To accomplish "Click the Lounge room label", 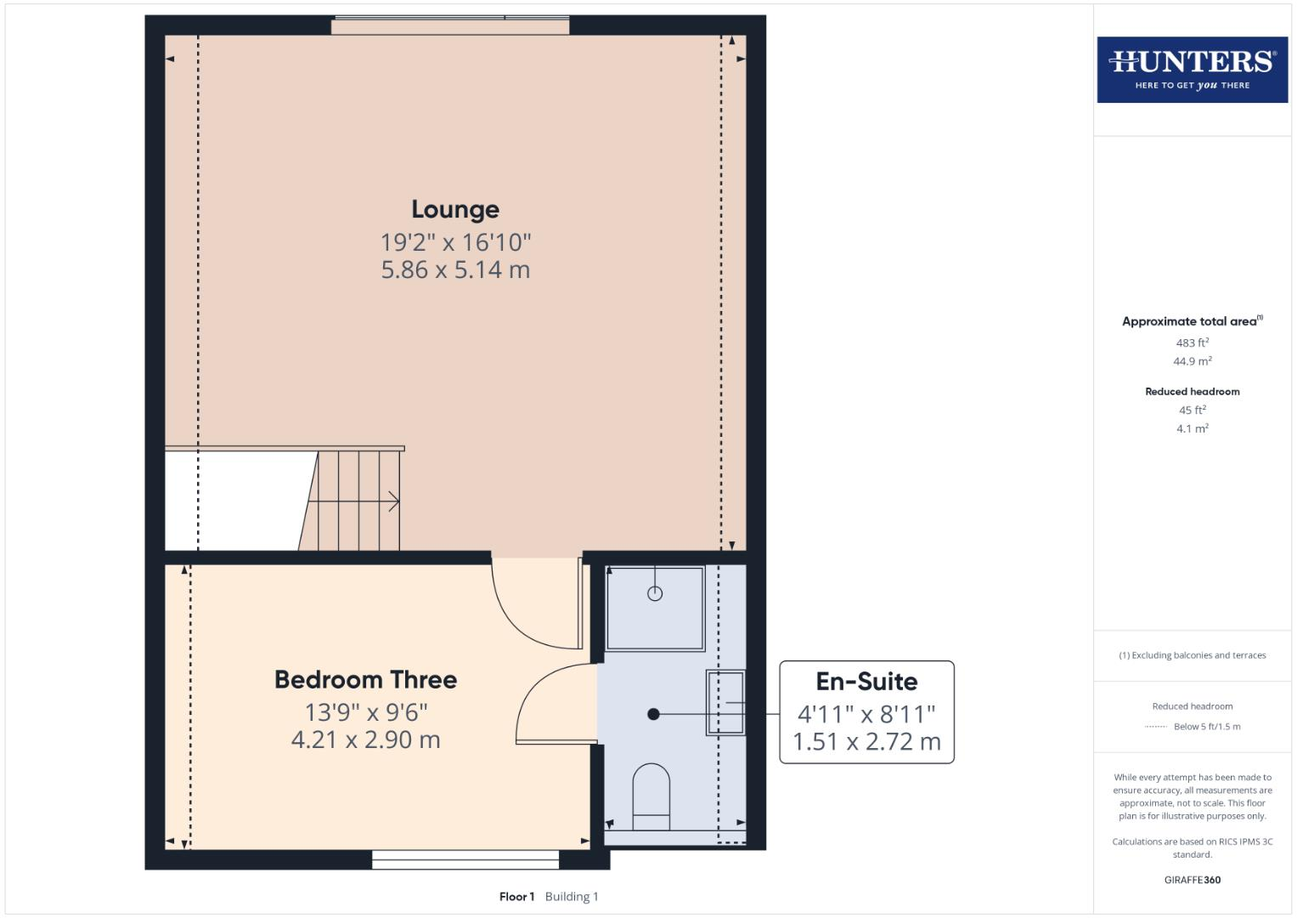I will coord(455,209).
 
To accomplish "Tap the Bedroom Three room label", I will coord(365,680).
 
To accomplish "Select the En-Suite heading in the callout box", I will coord(866,682).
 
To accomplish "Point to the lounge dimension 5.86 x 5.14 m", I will coord(455,270).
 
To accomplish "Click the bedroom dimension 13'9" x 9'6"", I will coord(365,712).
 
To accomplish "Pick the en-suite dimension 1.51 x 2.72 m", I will coord(866,742).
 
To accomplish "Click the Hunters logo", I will coord(1192,70).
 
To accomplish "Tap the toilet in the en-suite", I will coord(651,795).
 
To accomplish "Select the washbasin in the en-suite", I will coord(725,703).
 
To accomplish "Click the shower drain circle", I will coord(655,593).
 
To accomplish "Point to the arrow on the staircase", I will coord(392,501).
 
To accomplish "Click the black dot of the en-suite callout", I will coord(653,714).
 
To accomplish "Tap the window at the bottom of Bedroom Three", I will coord(465,859).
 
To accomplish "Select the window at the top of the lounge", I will coord(450,25).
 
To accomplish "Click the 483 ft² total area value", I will coord(1192,343).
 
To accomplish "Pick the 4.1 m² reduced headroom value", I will coord(1192,428).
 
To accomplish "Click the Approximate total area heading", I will coord(1190,321).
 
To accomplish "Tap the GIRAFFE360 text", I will coord(1192,880).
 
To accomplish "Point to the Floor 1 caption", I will coord(516,897).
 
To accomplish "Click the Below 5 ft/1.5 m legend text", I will coord(1207,727).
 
